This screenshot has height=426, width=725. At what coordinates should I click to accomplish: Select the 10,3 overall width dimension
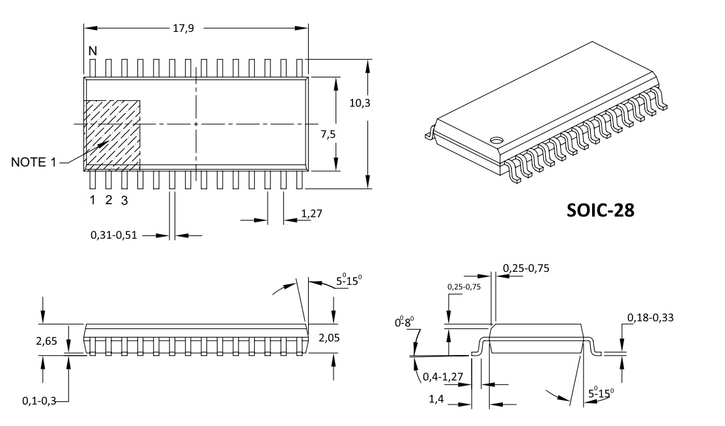pos(359,103)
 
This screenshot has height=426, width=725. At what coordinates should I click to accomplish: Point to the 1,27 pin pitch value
pos(313,213)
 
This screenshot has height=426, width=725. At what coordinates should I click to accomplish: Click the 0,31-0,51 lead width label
pos(114,235)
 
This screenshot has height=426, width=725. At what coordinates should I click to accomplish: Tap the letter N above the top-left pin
pos(92,51)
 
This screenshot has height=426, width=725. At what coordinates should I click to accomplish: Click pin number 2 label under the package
pos(108,200)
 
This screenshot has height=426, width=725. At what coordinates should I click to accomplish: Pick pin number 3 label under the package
pos(124,200)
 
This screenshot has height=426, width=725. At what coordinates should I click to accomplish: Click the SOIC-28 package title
pos(599,210)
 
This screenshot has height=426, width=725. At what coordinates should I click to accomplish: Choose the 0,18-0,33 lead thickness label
pos(650,317)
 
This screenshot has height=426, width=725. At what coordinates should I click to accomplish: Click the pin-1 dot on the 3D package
pos(496,139)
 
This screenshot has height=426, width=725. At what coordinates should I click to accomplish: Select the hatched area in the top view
pos(113,134)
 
